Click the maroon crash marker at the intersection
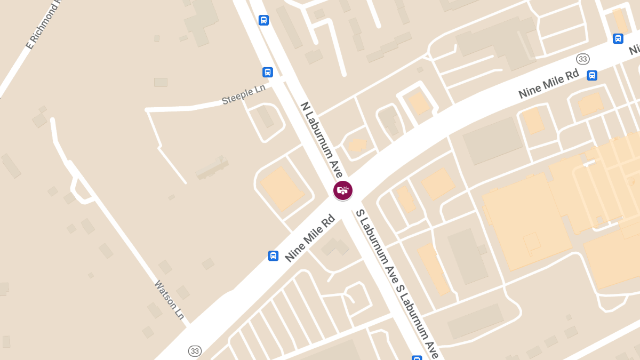pyautogui.click(x=343, y=190)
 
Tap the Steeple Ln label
pyautogui.click(x=243, y=95)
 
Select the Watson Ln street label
pyautogui.click(x=170, y=300)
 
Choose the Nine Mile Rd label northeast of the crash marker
pyautogui.click(x=548, y=84)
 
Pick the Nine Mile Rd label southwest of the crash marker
pyautogui.click(x=310, y=238)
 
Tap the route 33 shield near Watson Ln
pyautogui.click(x=195, y=351)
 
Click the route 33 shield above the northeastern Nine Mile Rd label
pyautogui.click(x=582, y=59)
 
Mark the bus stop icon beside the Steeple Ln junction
pyautogui.click(x=268, y=72)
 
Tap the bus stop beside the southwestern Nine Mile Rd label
pyautogui.click(x=273, y=255)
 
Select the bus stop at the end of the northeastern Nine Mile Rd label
pyautogui.click(x=592, y=75)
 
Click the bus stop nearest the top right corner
pyautogui.click(x=618, y=38)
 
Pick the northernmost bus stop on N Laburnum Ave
pyautogui.click(x=263, y=20)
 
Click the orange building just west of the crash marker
pyautogui.click(x=281, y=188)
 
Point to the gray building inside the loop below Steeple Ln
pyautogui.click(x=265, y=117)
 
